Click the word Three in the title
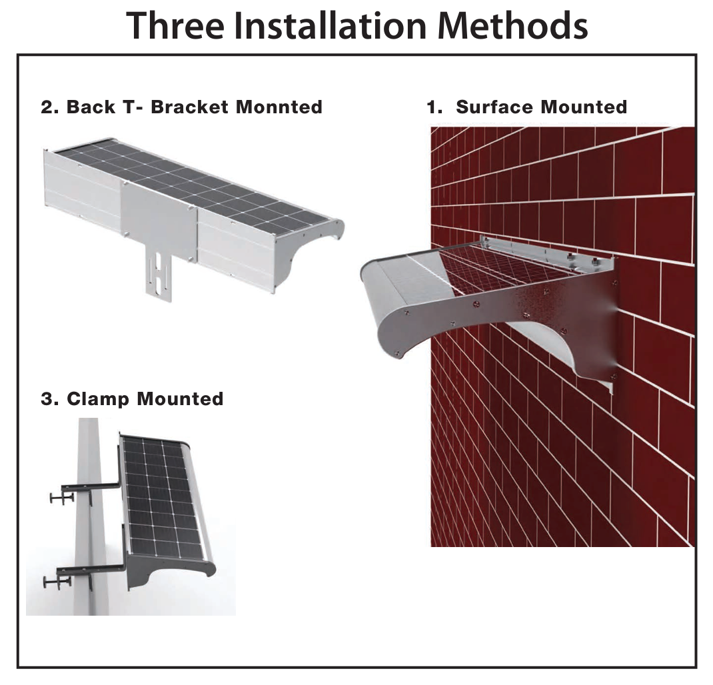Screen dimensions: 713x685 (x=175, y=25)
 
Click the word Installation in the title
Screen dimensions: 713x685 (x=331, y=25)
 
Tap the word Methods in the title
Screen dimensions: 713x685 (x=513, y=25)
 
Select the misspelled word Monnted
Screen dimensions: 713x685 (x=279, y=107)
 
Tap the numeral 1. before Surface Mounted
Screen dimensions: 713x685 (x=434, y=107)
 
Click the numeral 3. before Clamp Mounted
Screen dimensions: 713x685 (x=50, y=399)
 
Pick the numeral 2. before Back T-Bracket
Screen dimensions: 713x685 (x=50, y=107)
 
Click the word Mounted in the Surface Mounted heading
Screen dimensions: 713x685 (x=584, y=107)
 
